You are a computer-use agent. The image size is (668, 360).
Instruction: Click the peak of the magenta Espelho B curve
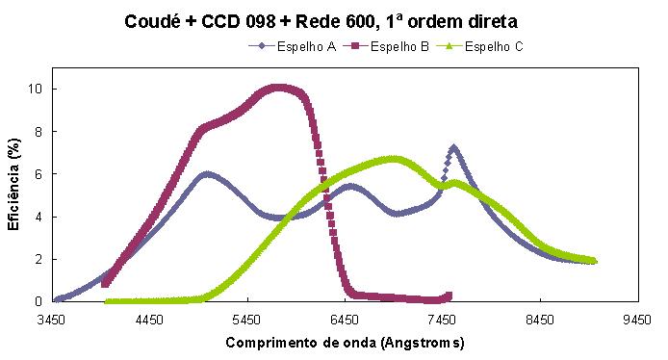click(278, 89)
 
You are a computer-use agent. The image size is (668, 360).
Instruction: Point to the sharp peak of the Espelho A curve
click(453, 148)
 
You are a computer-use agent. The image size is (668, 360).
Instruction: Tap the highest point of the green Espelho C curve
click(392, 159)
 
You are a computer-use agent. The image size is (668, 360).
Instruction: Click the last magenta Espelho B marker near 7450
click(448, 296)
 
